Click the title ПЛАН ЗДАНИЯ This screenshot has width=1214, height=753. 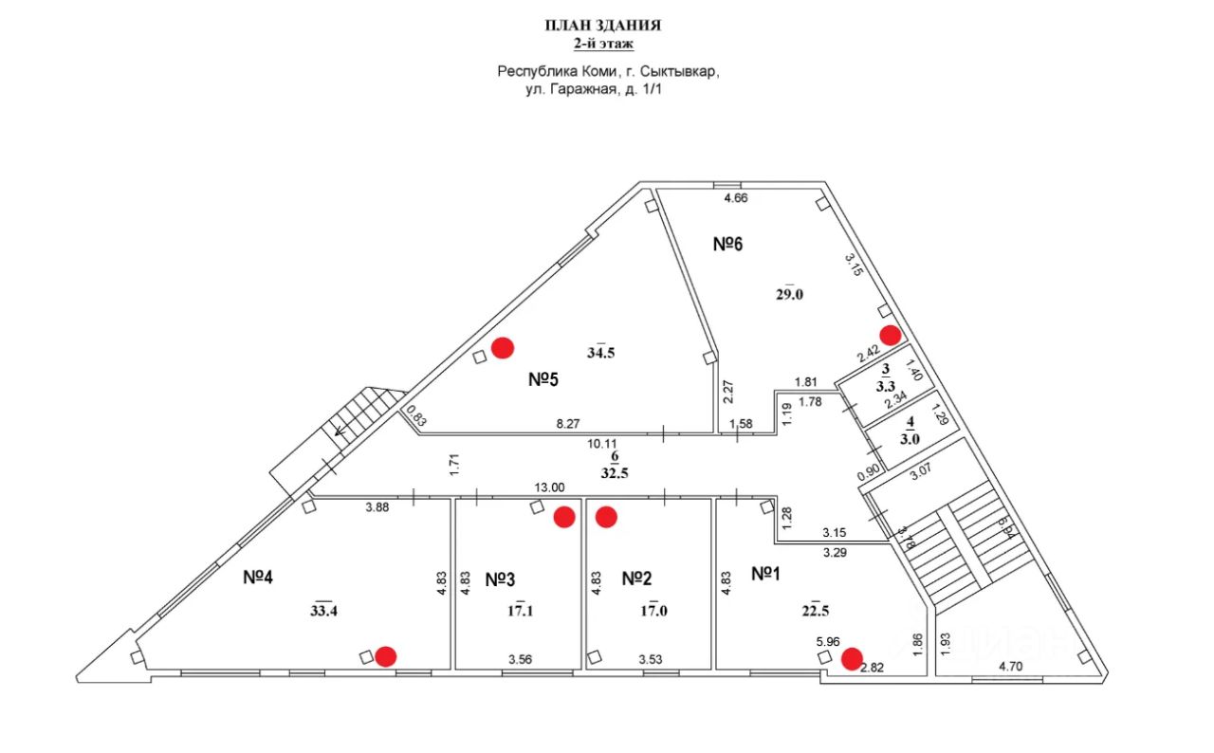602,26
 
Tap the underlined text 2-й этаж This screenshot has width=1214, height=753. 602,44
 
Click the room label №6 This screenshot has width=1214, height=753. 727,244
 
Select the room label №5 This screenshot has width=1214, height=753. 543,379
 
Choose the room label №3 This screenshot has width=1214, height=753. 501,578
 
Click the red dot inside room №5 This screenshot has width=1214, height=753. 502,348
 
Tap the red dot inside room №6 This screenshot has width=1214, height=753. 890,334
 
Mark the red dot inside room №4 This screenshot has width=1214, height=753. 386,655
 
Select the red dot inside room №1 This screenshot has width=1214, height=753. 852,657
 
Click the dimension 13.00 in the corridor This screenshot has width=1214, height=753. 550,487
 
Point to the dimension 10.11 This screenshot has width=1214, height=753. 604,443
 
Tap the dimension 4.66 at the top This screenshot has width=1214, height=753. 737,198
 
